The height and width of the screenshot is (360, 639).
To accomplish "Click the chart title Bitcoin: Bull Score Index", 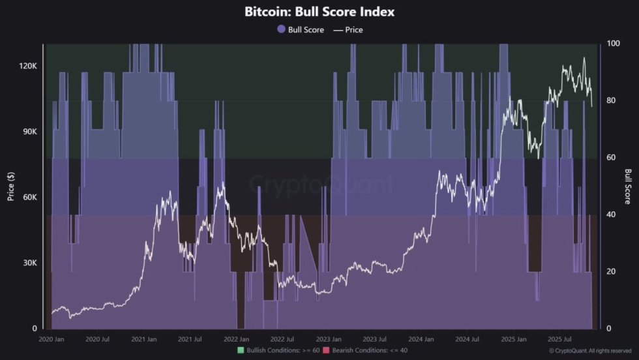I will pos(319,12).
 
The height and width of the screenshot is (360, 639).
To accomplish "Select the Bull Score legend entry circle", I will pos(282,29).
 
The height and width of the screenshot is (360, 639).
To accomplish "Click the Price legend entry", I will pos(348,29).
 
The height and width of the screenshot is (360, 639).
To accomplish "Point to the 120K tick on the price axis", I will pos(27,67).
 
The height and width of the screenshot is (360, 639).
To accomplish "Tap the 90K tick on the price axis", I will pos(29,132).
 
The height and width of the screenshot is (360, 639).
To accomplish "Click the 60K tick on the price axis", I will pos(29,198).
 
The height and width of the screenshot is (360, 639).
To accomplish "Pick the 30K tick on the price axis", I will pos(29,263).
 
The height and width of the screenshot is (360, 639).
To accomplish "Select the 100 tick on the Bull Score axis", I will pos(612,44).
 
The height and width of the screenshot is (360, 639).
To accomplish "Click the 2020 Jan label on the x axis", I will pos(51,340).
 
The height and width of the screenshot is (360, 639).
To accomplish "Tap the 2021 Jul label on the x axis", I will pos(190,340).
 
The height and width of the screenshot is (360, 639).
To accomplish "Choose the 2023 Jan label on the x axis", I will pos(328,340).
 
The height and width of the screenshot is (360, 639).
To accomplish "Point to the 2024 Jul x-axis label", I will pos(467,340).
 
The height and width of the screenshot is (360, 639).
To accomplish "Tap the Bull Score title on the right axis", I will pos(628,186).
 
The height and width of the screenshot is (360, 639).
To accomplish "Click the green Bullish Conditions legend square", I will pos(241,351).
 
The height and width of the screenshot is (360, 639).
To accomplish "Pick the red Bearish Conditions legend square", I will pos(326,351).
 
